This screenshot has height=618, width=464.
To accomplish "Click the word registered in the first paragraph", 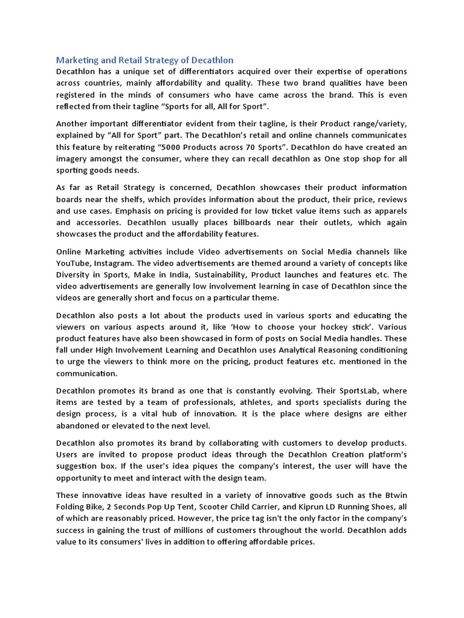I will [x=80, y=95].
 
